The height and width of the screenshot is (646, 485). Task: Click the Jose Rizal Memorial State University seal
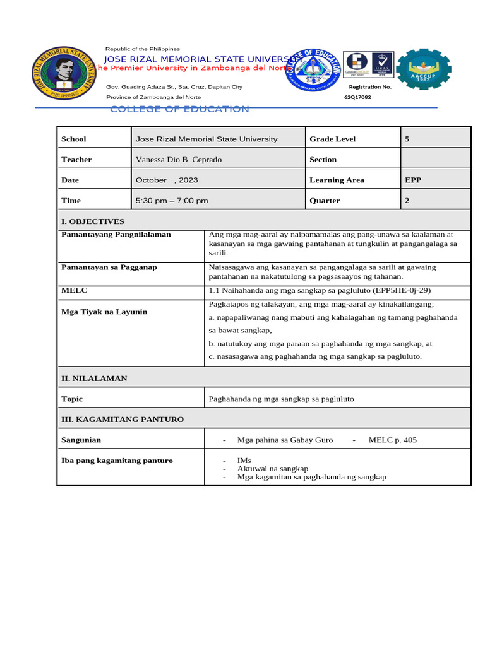click(x=65, y=72)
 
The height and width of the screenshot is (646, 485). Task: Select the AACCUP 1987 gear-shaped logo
click(x=424, y=69)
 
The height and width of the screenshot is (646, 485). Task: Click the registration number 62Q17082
click(x=357, y=97)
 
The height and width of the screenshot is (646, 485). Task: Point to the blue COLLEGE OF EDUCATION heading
click(x=179, y=109)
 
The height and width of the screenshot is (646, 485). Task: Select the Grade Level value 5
click(x=407, y=139)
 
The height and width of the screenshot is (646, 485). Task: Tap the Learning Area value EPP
click(x=413, y=180)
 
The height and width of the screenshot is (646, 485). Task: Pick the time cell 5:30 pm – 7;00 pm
click(x=172, y=201)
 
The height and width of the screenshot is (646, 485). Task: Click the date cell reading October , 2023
click(x=167, y=180)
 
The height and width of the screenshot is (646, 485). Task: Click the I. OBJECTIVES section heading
click(x=92, y=221)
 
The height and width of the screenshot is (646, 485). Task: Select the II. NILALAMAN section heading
click(x=94, y=379)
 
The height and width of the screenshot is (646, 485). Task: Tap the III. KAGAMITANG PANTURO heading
click(x=123, y=419)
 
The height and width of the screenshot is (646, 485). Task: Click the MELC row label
click(x=74, y=290)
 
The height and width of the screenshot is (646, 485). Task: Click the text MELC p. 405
click(x=392, y=440)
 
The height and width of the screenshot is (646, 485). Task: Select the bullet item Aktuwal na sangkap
click(x=272, y=469)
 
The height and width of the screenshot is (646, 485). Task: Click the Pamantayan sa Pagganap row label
click(x=109, y=267)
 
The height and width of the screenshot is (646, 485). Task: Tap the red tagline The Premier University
click(x=189, y=68)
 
